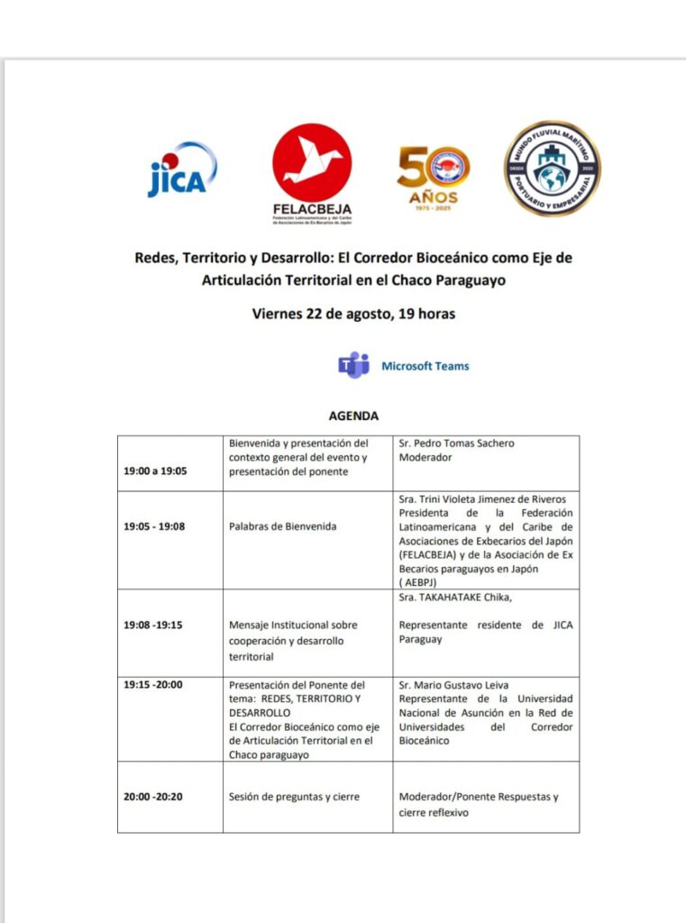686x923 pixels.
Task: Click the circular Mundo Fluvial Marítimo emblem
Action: tap(552, 169)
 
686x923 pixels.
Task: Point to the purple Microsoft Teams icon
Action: tap(353, 365)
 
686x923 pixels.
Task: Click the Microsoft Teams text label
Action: tap(425, 366)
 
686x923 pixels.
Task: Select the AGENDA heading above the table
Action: tap(353, 416)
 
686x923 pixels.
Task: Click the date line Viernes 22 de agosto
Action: tap(353, 315)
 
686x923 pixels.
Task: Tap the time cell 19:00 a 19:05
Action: tap(155, 471)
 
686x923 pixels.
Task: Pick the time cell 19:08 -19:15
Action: tap(153, 624)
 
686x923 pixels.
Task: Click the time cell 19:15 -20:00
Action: tap(153, 684)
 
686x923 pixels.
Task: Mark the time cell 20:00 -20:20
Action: tap(153, 797)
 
